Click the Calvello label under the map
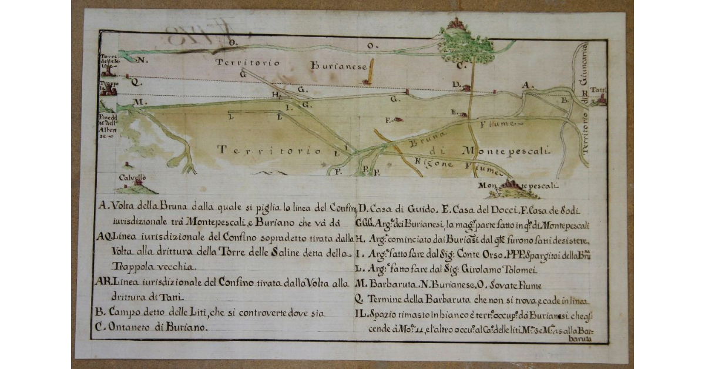[x=132, y=176]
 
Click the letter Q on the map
[x=135, y=83]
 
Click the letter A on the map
[x=528, y=85]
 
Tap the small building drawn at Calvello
[x=137, y=183]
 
